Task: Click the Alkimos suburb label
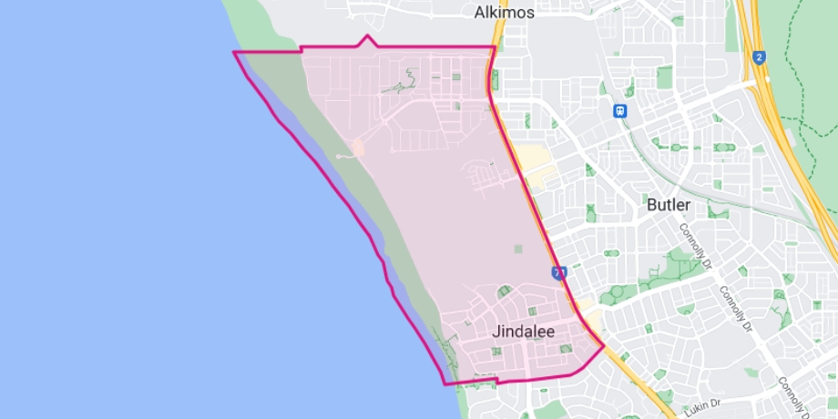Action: [x=504, y=13]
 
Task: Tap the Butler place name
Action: [x=668, y=205]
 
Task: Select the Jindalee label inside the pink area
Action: [x=523, y=332]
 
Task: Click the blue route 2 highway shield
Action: [x=760, y=56]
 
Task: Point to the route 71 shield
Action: [x=558, y=272]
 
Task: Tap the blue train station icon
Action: [x=620, y=110]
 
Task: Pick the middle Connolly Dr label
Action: [x=733, y=310]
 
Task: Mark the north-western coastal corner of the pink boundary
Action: [x=235, y=53]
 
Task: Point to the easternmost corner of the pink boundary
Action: [x=603, y=346]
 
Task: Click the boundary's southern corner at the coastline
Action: [x=445, y=383]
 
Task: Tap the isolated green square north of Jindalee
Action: [x=519, y=249]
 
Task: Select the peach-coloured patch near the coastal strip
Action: [x=357, y=147]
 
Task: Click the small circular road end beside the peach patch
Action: [x=338, y=157]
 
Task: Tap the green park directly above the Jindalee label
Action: [x=503, y=291]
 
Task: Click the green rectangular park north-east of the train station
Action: [x=664, y=77]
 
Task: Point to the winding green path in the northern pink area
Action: [x=397, y=87]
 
